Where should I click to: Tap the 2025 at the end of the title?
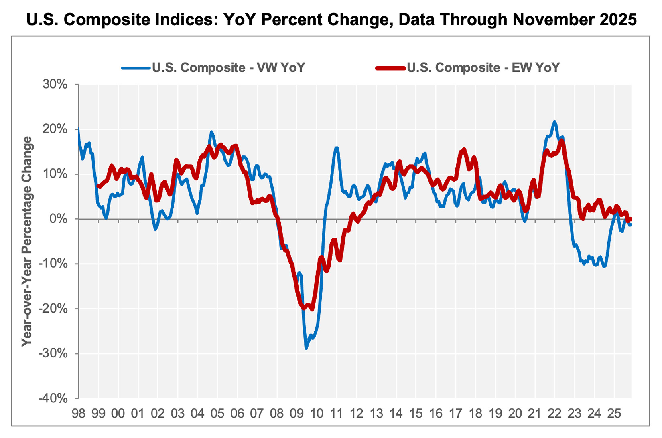(618, 19)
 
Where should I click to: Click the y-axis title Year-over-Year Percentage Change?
(27, 241)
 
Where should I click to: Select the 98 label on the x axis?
(79, 413)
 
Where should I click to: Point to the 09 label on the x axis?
(297, 413)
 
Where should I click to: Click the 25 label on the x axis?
(614, 413)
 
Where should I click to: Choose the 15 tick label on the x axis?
(416, 413)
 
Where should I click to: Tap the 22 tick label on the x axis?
(554, 413)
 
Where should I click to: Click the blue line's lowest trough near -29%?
(306, 348)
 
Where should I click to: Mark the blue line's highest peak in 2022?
(554, 121)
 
